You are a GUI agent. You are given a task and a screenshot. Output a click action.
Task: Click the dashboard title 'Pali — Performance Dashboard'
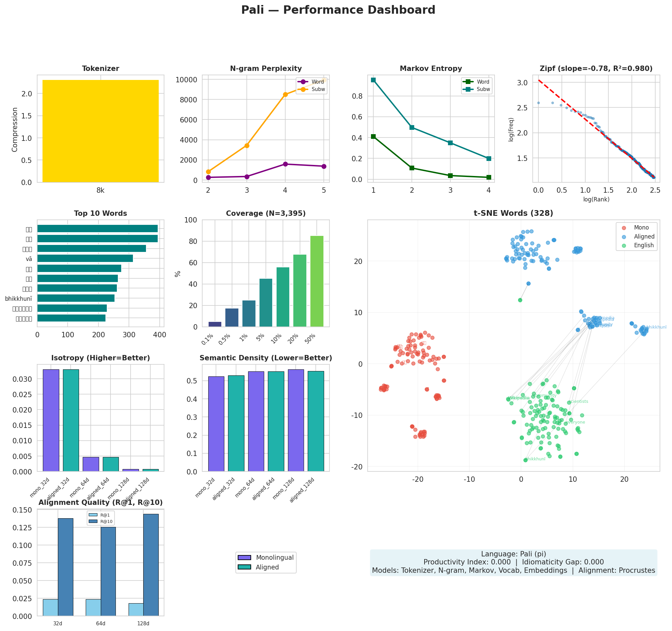pos(338,10)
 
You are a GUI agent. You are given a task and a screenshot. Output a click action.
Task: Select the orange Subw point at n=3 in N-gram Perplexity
pos(247,146)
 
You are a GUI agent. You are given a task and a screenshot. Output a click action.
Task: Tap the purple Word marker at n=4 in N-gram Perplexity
pos(285,164)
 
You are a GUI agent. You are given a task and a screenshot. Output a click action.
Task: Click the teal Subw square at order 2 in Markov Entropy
pos(412,127)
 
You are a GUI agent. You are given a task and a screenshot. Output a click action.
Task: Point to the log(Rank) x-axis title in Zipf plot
pos(596,199)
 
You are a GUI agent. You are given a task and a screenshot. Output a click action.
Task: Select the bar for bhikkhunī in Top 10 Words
pos(76,298)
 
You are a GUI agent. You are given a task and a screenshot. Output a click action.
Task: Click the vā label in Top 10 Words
pos(29,259)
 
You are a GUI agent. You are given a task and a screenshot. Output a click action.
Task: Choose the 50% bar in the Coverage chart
pos(317,281)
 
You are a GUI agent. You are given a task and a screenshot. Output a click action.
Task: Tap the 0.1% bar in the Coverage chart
pos(215,324)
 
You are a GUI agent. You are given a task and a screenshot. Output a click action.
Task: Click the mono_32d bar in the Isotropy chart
pos(51,420)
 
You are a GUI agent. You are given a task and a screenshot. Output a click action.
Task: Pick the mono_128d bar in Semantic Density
pos(296,420)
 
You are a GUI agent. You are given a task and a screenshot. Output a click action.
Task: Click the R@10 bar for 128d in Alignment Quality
pos(151,564)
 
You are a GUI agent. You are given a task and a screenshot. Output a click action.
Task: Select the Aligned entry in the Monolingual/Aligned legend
pos(267,567)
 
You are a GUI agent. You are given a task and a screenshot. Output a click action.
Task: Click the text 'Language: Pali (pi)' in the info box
pos(513,554)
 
